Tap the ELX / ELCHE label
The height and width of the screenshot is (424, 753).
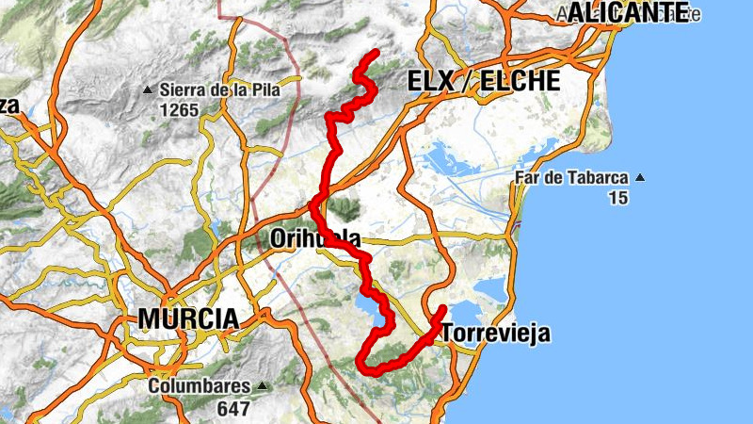click(x=483, y=81)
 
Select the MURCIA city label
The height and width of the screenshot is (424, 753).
click(x=188, y=318)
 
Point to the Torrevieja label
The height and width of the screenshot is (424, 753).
click(x=495, y=334)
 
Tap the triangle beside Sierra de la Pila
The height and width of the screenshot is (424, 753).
click(x=148, y=90)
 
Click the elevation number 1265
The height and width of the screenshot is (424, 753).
click(x=179, y=110)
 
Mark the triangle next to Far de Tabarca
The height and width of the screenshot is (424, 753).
click(x=641, y=177)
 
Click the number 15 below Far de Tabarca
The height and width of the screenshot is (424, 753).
click(x=617, y=197)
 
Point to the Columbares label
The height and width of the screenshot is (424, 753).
click(x=200, y=386)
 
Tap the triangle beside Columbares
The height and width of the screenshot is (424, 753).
click(x=262, y=386)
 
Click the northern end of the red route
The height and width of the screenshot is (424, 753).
click(x=376, y=52)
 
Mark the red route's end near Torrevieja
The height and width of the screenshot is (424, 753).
click(x=443, y=308)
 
